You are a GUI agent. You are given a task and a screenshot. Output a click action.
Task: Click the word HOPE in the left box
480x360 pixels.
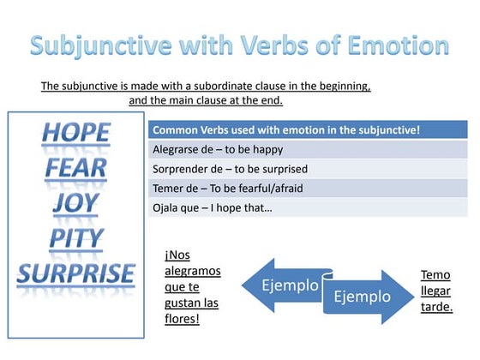click(76, 132)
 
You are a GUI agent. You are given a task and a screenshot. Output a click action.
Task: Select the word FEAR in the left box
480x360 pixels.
click(76, 168)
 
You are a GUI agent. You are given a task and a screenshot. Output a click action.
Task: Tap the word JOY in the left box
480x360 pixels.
click(76, 203)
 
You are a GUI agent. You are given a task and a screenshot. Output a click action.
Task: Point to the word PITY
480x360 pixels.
click(76, 238)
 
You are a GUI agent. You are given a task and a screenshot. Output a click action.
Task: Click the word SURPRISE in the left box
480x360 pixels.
click(76, 274)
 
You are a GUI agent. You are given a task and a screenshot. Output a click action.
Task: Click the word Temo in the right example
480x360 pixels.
click(435, 275)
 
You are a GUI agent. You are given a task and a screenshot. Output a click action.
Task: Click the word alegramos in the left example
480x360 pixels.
click(191, 271)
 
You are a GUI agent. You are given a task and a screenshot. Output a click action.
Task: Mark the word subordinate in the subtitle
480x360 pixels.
click(226, 87)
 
